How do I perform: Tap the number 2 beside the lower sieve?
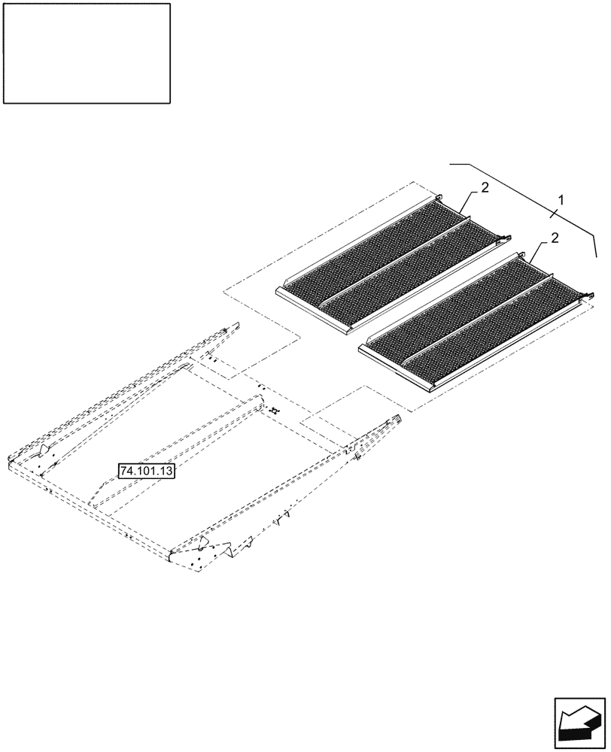tap(554, 238)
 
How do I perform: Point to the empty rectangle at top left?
tap(87, 53)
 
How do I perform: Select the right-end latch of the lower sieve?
tap(585, 299)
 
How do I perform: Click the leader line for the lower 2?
tap(536, 252)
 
